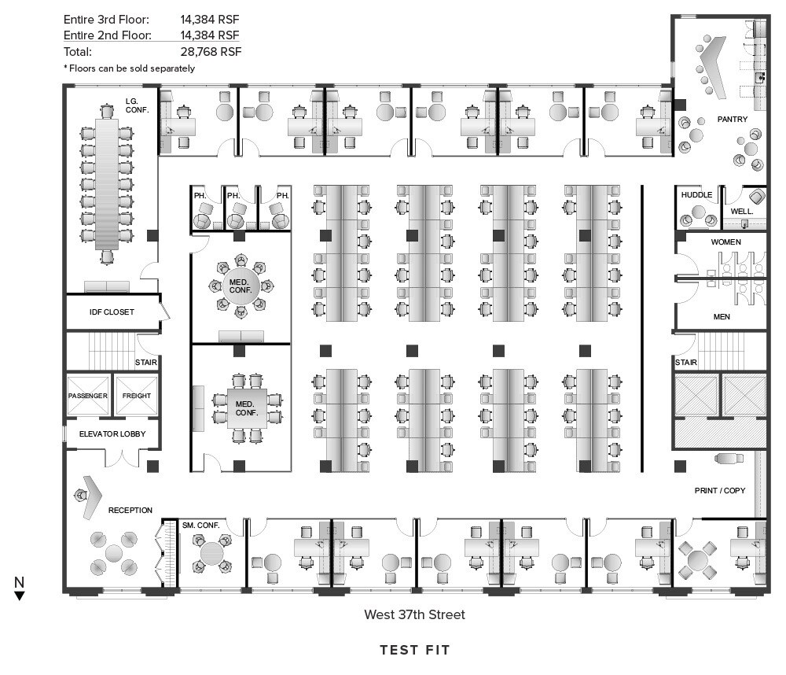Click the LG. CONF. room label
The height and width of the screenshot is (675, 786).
(x=137, y=105)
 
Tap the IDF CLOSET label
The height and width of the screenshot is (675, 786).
(x=112, y=312)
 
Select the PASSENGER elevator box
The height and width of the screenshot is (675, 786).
(x=88, y=396)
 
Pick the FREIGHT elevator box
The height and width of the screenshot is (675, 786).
(x=136, y=396)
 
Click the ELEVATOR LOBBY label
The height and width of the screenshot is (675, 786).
(x=112, y=433)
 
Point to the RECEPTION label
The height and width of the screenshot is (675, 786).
(x=130, y=510)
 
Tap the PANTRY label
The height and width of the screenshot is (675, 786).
(x=732, y=119)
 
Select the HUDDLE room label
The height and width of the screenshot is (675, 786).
(x=696, y=195)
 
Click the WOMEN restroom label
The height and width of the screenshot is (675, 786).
(x=725, y=242)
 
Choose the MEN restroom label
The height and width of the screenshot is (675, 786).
(x=722, y=317)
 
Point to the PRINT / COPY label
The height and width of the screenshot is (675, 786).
(x=720, y=490)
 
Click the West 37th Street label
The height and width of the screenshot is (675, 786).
(x=414, y=614)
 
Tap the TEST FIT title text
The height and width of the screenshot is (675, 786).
(x=414, y=650)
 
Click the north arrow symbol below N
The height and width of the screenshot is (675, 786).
(x=20, y=596)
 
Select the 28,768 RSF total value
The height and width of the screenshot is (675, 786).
(x=211, y=52)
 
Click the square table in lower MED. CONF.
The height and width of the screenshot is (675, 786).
(x=247, y=408)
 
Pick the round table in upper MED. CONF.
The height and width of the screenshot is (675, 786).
(x=241, y=286)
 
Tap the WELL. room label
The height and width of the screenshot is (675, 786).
(x=741, y=212)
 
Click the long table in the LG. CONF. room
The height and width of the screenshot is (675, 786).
(x=107, y=183)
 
